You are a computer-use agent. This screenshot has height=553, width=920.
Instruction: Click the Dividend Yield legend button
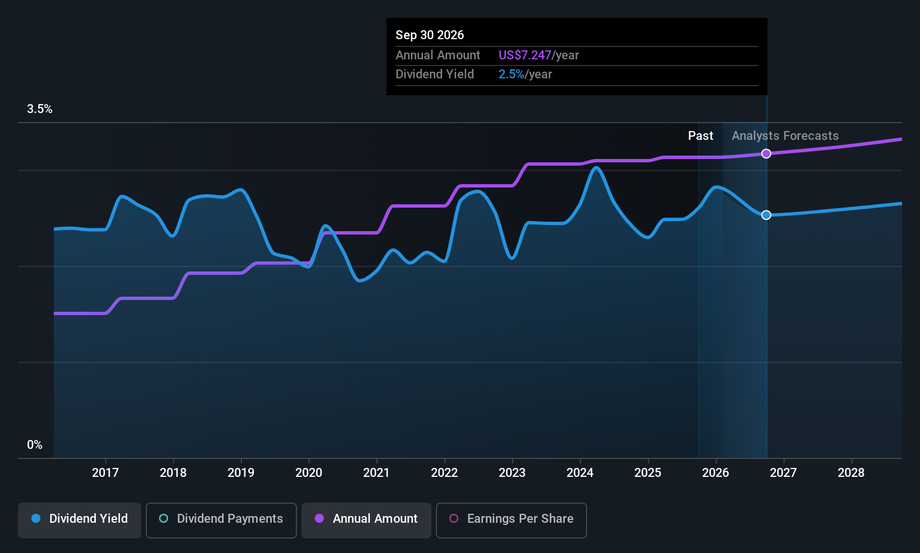[79, 520]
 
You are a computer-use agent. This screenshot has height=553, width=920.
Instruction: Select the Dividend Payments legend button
[221, 520]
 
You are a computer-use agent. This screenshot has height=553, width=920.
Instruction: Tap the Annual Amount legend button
[366, 520]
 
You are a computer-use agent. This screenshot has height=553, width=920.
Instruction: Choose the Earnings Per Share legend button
[512, 520]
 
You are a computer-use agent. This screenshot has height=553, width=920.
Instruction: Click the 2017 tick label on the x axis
[105, 472]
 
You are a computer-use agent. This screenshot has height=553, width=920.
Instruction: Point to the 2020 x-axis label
[309, 472]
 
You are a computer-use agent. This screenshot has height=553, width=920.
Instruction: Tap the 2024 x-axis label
[580, 472]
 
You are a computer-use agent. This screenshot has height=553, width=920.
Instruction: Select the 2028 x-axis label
[851, 472]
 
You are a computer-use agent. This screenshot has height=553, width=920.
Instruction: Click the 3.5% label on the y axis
[40, 109]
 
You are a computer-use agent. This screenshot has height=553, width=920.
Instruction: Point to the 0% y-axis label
[35, 445]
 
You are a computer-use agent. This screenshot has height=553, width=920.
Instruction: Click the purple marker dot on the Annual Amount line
[766, 153]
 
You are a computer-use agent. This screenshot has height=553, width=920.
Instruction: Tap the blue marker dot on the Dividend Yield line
[766, 215]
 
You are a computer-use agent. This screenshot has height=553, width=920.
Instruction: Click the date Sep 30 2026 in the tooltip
[430, 35]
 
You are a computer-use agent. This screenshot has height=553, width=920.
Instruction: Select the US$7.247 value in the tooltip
[525, 55]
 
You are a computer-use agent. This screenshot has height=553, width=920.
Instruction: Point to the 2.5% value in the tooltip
[512, 74]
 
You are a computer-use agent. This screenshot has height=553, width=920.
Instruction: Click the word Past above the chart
[701, 136]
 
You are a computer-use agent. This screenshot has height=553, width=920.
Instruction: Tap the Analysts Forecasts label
[786, 136]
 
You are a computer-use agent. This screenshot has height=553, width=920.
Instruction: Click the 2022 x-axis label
[444, 472]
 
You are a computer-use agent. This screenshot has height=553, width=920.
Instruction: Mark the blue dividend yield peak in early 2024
[596, 167]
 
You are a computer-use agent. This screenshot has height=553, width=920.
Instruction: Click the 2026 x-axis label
[715, 472]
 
